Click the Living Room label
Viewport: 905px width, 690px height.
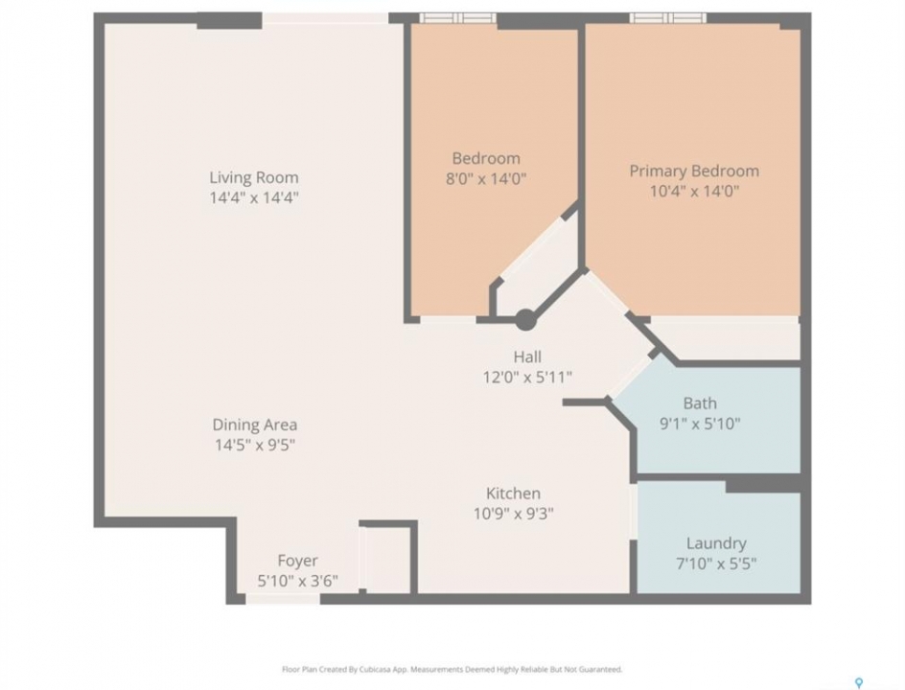pyautogui.click(x=254, y=177)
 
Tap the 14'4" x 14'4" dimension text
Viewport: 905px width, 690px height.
pyautogui.click(x=254, y=197)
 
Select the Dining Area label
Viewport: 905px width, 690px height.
pyautogui.click(x=255, y=425)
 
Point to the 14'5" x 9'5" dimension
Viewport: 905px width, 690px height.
pyautogui.click(x=255, y=446)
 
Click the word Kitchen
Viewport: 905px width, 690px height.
pyautogui.click(x=513, y=494)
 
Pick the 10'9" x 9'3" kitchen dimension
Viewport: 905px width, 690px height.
pyautogui.click(x=514, y=514)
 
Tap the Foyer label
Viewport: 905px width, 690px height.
pyautogui.click(x=298, y=561)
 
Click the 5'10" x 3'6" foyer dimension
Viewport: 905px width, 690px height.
pyautogui.click(x=298, y=581)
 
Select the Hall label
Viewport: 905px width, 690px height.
pyautogui.click(x=527, y=357)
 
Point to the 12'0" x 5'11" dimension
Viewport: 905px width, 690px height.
pyautogui.click(x=527, y=378)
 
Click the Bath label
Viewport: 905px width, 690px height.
pyautogui.click(x=700, y=403)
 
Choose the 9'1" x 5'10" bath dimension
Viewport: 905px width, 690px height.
pyautogui.click(x=700, y=424)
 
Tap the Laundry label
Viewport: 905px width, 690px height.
pyautogui.click(x=716, y=543)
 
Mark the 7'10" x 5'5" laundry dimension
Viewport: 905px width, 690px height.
pyautogui.click(x=716, y=563)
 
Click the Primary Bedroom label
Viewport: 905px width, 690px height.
pyautogui.click(x=694, y=172)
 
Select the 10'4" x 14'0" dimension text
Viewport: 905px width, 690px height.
pyautogui.click(x=695, y=192)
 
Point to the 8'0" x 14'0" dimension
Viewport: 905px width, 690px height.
pyautogui.click(x=486, y=179)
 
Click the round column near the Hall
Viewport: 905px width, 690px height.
pyautogui.click(x=525, y=320)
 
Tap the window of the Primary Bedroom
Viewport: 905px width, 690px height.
pyautogui.click(x=668, y=18)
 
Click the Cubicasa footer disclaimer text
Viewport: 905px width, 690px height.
pyautogui.click(x=452, y=670)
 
